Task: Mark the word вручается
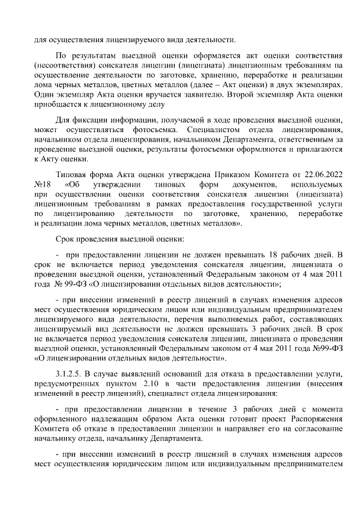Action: (x=138, y=92)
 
